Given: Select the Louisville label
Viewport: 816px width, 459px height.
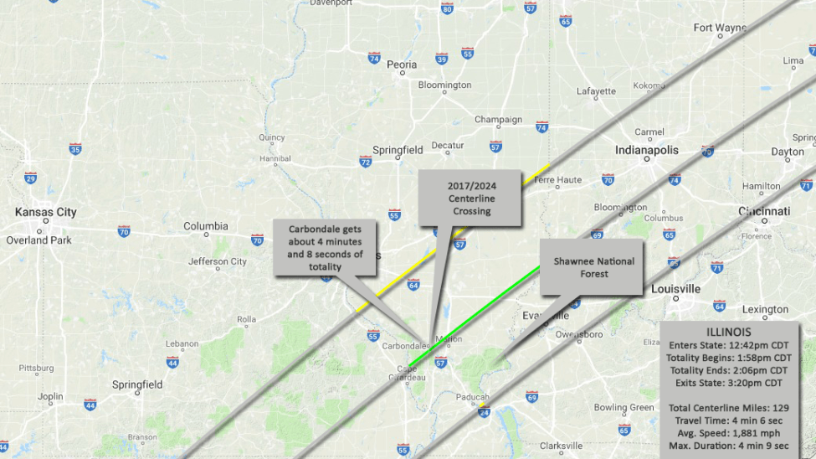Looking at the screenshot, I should point(676,289).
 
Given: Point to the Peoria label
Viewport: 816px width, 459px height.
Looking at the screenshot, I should point(402,64).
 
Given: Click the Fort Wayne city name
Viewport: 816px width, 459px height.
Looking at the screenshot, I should point(720,28).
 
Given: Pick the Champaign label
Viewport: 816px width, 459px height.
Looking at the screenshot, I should point(498,120).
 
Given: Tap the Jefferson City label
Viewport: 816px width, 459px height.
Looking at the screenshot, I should point(218,261).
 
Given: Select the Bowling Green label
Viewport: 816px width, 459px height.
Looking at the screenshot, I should point(623,408).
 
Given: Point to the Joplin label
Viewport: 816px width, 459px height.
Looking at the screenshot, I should point(50,396).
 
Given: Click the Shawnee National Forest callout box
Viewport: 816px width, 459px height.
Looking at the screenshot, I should point(593,267).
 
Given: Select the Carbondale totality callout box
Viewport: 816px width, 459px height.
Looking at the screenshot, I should point(326,247).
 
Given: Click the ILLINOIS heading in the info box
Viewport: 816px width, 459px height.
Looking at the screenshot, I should point(729,331).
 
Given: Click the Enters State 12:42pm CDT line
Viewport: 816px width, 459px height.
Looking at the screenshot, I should point(729,344).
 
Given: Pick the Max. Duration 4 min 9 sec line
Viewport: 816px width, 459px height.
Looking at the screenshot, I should point(729,446).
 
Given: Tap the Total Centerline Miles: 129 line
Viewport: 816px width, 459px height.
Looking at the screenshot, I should point(729,408).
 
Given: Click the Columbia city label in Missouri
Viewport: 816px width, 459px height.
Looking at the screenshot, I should point(206,226).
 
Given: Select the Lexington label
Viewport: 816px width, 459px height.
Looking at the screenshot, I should point(765,309).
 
